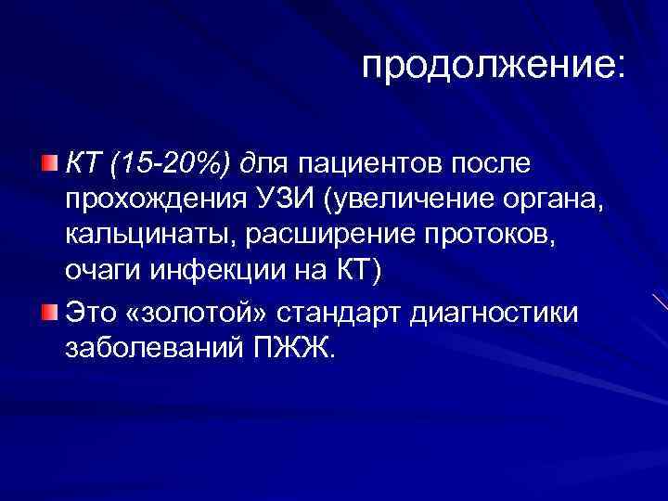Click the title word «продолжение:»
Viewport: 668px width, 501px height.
494,66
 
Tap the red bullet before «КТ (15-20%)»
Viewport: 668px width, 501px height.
49,165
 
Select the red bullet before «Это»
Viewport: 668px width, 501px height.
49,309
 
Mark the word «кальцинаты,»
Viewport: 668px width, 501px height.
150,237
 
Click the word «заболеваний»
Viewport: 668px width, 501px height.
150,345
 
